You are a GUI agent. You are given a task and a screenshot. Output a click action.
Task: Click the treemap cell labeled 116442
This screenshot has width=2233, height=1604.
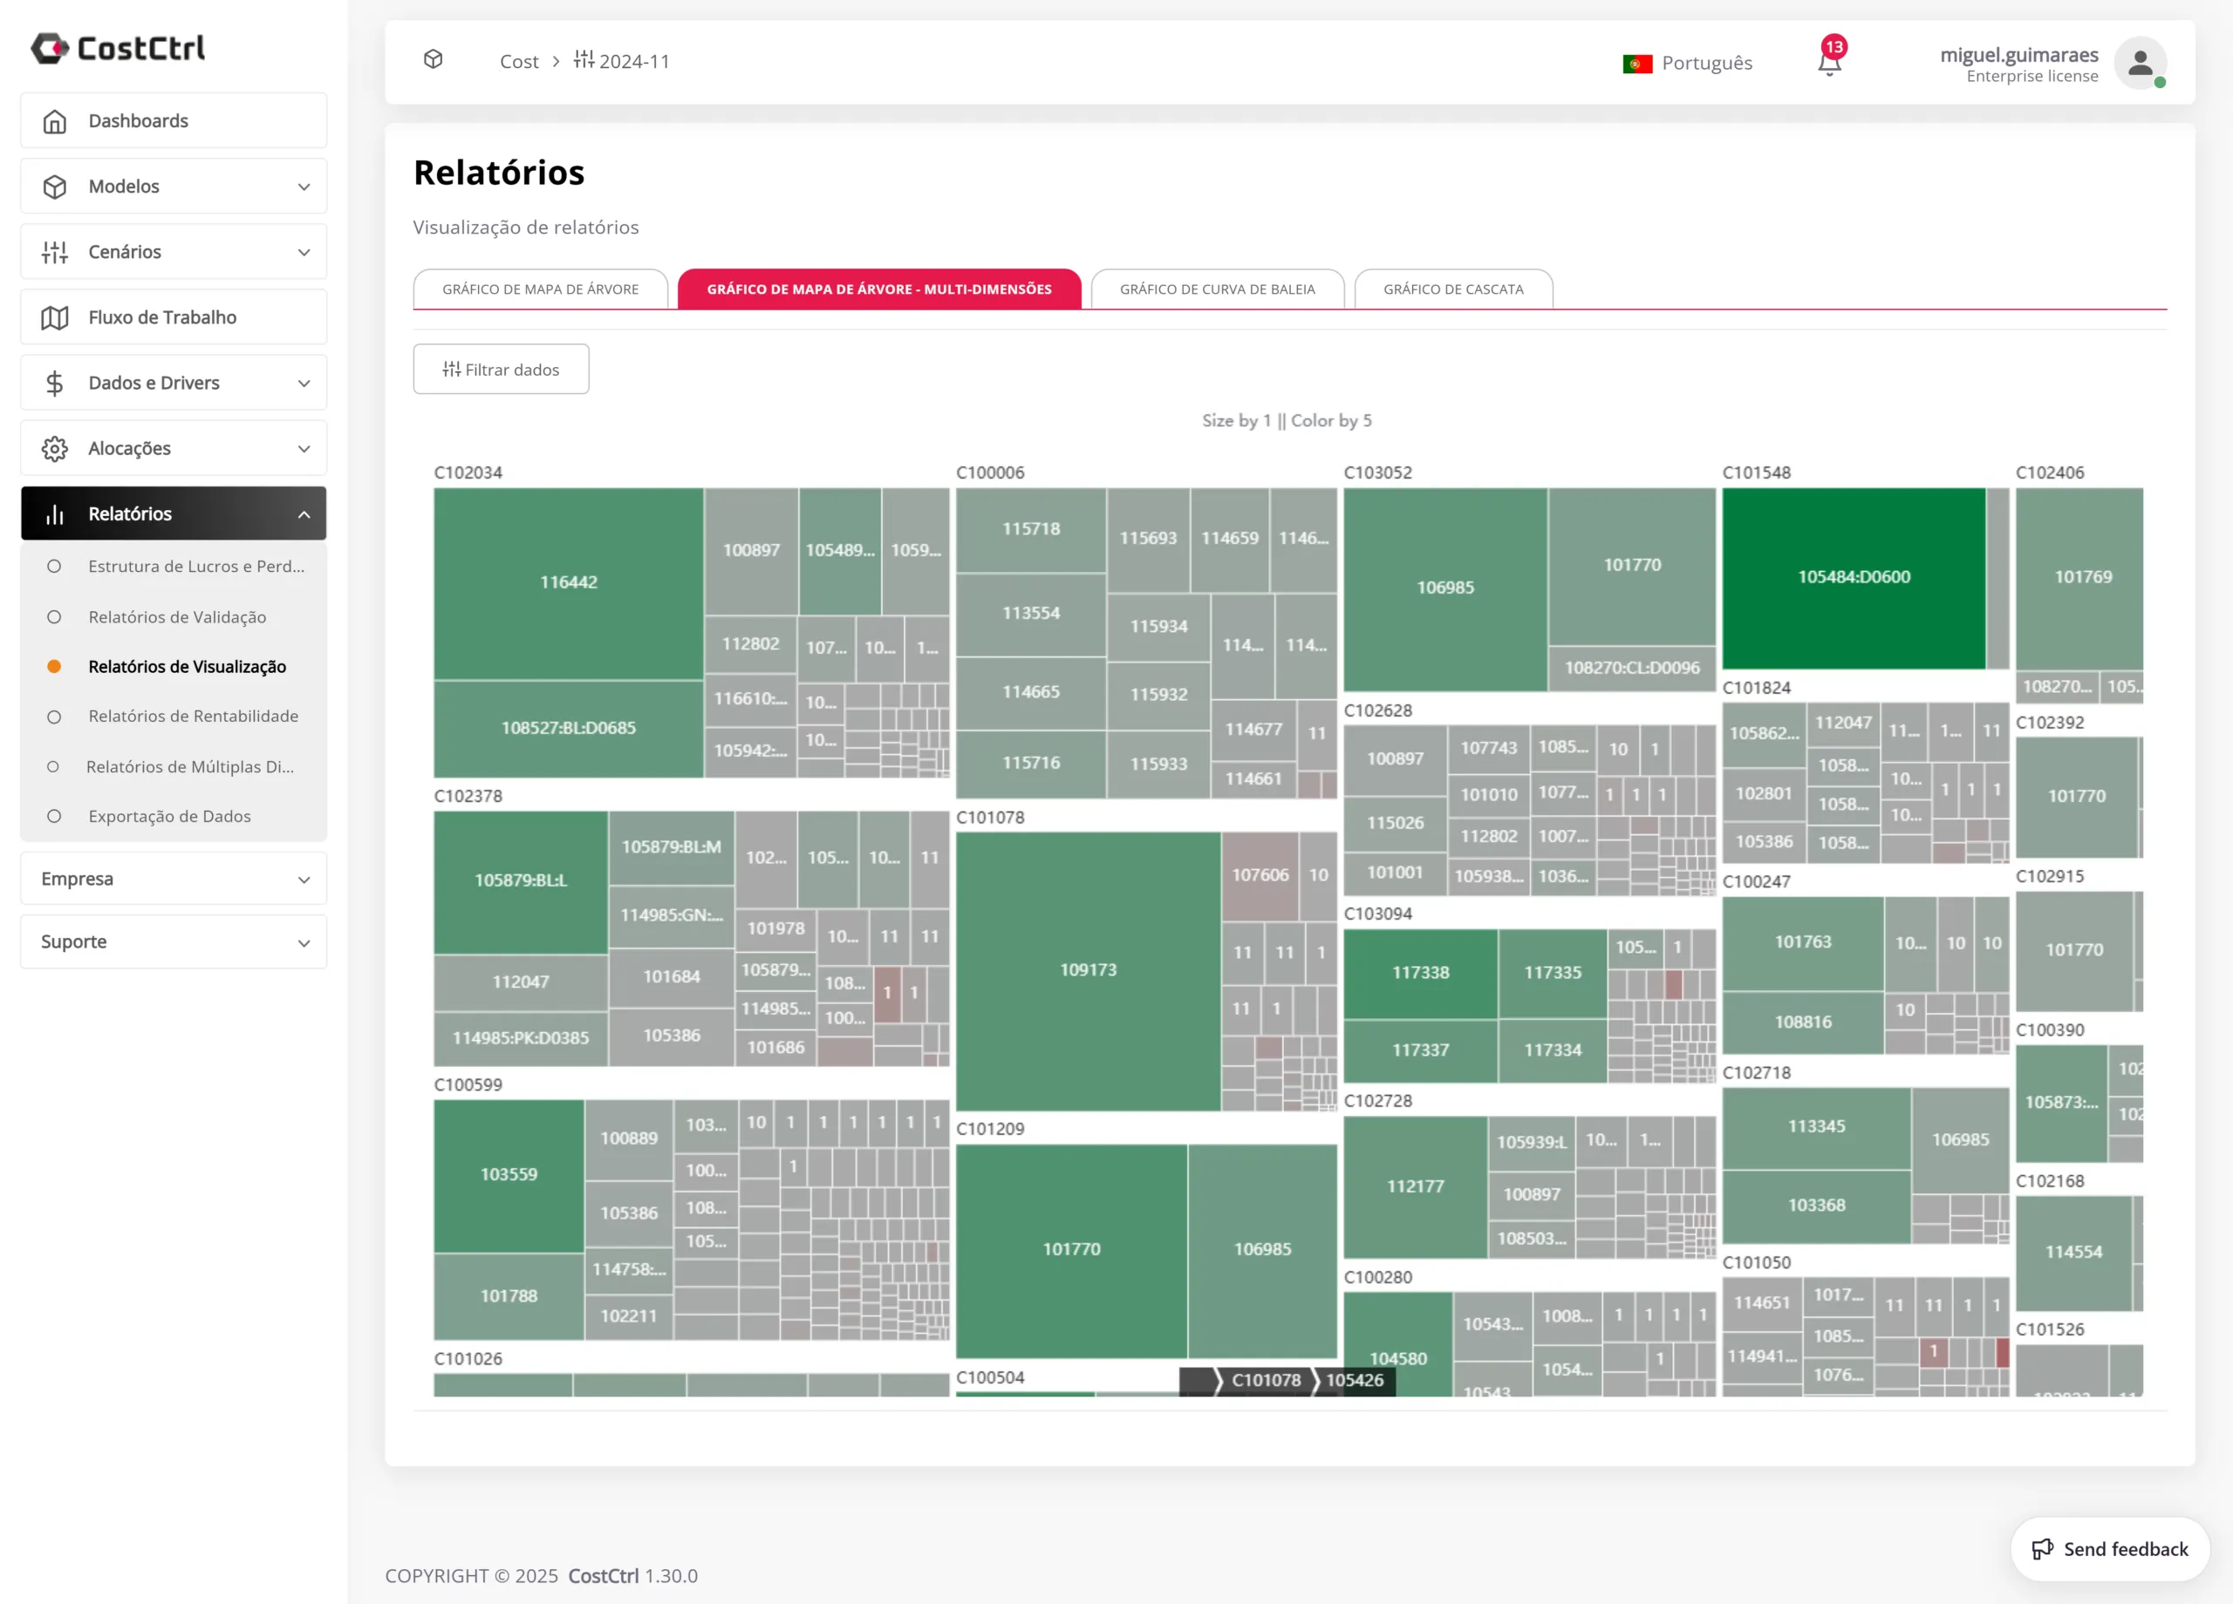[x=568, y=582]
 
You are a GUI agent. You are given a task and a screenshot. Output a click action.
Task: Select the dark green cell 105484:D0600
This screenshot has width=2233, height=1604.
[x=1853, y=578]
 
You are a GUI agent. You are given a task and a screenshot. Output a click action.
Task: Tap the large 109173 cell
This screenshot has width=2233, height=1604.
[x=1088, y=970]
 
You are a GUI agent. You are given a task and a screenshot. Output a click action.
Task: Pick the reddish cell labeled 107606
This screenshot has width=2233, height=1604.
[x=1260, y=875]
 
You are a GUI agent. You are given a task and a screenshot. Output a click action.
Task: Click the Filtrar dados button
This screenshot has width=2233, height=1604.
[x=502, y=370]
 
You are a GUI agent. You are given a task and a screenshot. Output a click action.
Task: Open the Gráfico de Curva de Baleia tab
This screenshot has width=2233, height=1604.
[x=1217, y=289]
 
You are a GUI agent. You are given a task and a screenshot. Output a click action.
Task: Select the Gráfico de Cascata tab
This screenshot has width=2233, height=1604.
[x=1452, y=289]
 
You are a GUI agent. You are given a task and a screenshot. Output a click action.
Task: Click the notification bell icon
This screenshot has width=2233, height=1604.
[x=1829, y=62]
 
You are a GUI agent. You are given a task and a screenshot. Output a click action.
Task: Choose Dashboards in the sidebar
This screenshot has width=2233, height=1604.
[x=174, y=121]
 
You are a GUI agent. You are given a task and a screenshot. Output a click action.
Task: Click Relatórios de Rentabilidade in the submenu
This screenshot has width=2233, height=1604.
[x=193, y=717]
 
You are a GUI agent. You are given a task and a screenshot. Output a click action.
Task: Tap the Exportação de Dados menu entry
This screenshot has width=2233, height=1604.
[x=169, y=817]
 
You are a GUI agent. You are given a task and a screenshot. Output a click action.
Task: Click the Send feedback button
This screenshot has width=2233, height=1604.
[x=2110, y=1549]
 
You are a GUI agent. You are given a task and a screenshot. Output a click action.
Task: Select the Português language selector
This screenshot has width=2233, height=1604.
[x=1688, y=63]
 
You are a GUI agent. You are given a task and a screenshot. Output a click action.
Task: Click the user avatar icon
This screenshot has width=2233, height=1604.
[x=2140, y=63]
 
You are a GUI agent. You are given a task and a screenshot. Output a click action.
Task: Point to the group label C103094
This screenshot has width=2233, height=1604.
[x=1377, y=914]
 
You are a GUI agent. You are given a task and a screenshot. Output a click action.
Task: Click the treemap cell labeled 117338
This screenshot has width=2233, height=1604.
[x=1420, y=973]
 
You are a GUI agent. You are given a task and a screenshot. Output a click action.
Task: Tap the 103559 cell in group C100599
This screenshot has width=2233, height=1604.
[x=508, y=1175]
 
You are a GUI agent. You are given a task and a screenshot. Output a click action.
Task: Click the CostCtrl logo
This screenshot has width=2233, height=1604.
[x=118, y=48]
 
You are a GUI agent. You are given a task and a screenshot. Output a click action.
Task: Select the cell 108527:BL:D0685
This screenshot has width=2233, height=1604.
[x=568, y=728]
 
